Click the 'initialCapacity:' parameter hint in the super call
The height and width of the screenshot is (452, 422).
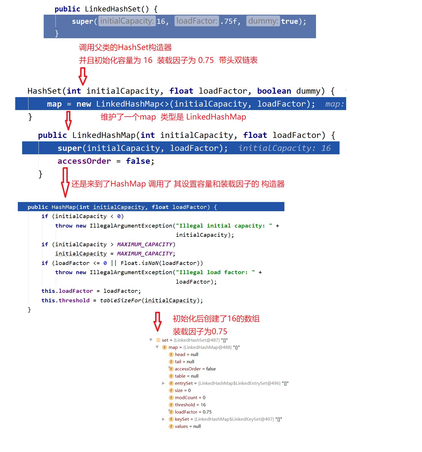127,21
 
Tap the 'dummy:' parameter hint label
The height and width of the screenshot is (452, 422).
263,21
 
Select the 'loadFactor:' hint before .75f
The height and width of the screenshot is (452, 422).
196,21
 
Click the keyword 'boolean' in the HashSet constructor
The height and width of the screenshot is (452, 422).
274,91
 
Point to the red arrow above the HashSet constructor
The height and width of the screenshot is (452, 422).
83,76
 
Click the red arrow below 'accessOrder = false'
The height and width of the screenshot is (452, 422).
65,182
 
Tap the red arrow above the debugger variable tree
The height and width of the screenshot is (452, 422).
157,322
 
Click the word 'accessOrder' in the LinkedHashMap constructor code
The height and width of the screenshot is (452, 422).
84,161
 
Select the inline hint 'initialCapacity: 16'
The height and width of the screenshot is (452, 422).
284,148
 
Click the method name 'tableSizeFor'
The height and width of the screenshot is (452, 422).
121,301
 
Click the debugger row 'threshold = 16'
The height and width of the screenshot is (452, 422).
190,405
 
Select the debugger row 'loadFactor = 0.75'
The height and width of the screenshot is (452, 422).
193,412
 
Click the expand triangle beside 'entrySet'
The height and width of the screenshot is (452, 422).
163,383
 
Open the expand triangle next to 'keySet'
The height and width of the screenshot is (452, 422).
163,419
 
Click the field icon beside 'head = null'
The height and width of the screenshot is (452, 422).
171,355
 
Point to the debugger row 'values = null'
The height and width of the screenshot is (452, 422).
188,426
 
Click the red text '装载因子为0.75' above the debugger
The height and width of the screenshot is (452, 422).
200,332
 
